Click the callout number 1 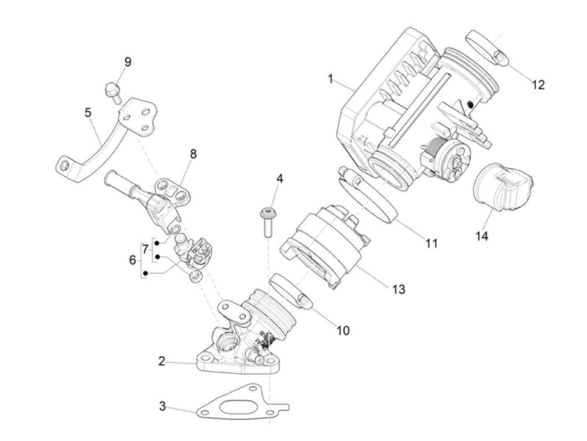[x=330, y=79]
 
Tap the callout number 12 [x=538, y=85]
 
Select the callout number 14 [x=482, y=236]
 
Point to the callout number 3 [x=162, y=406]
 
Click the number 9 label [x=127, y=62]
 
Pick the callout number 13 [x=398, y=289]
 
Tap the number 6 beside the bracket [x=132, y=260]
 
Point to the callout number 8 [x=193, y=154]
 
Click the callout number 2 [x=162, y=361]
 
